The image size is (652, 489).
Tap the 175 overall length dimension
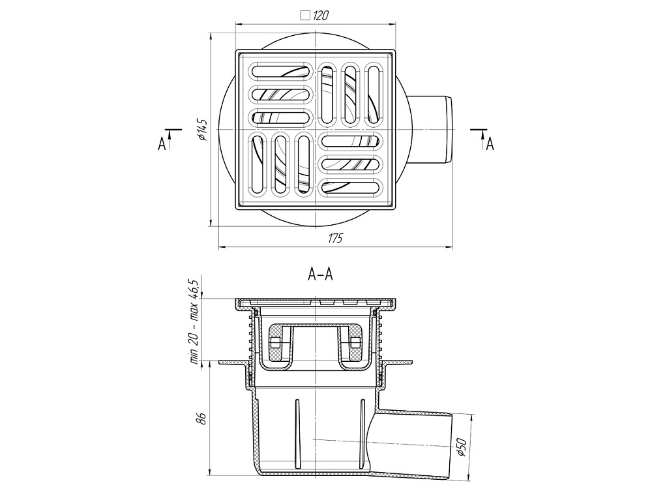coord(335,238)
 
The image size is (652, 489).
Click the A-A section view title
coord(320,275)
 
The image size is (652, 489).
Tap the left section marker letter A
coord(161,143)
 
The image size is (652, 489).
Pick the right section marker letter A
coord(490,143)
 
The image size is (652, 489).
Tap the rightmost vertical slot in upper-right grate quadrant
coord(373,93)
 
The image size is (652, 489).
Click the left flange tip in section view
coord(222,361)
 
